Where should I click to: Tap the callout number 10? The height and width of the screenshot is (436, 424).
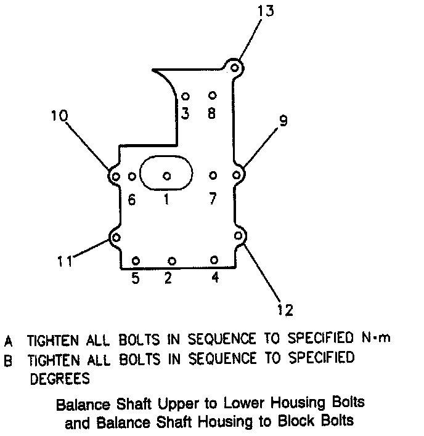click(x=60, y=116)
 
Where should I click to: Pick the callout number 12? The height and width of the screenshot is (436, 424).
click(x=285, y=309)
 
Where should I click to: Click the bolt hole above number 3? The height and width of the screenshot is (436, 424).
click(x=185, y=97)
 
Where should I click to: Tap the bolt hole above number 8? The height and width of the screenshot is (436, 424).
click(x=212, y=95)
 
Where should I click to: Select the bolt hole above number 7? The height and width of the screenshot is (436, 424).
click(x=213, y=176)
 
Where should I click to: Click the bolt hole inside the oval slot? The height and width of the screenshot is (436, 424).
click(x=166, y=176)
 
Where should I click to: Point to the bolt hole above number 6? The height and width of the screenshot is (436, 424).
click(x=131, y=177)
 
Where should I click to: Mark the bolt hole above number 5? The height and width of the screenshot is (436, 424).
click(x=136, y=260)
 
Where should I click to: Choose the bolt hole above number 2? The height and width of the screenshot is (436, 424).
click(x=172, y=261)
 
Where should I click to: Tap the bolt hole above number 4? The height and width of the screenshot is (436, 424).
click(x=214, y=260)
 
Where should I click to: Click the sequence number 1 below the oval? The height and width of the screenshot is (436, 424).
click(x=166, y=200)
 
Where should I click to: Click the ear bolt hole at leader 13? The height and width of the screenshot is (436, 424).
click(x=234, y=66)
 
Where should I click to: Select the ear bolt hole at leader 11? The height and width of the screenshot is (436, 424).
click(x=116, y=238)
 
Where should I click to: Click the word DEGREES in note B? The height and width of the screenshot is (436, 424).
click(x=60, y=377)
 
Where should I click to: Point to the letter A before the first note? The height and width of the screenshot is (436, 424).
click(x=9, y=341)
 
